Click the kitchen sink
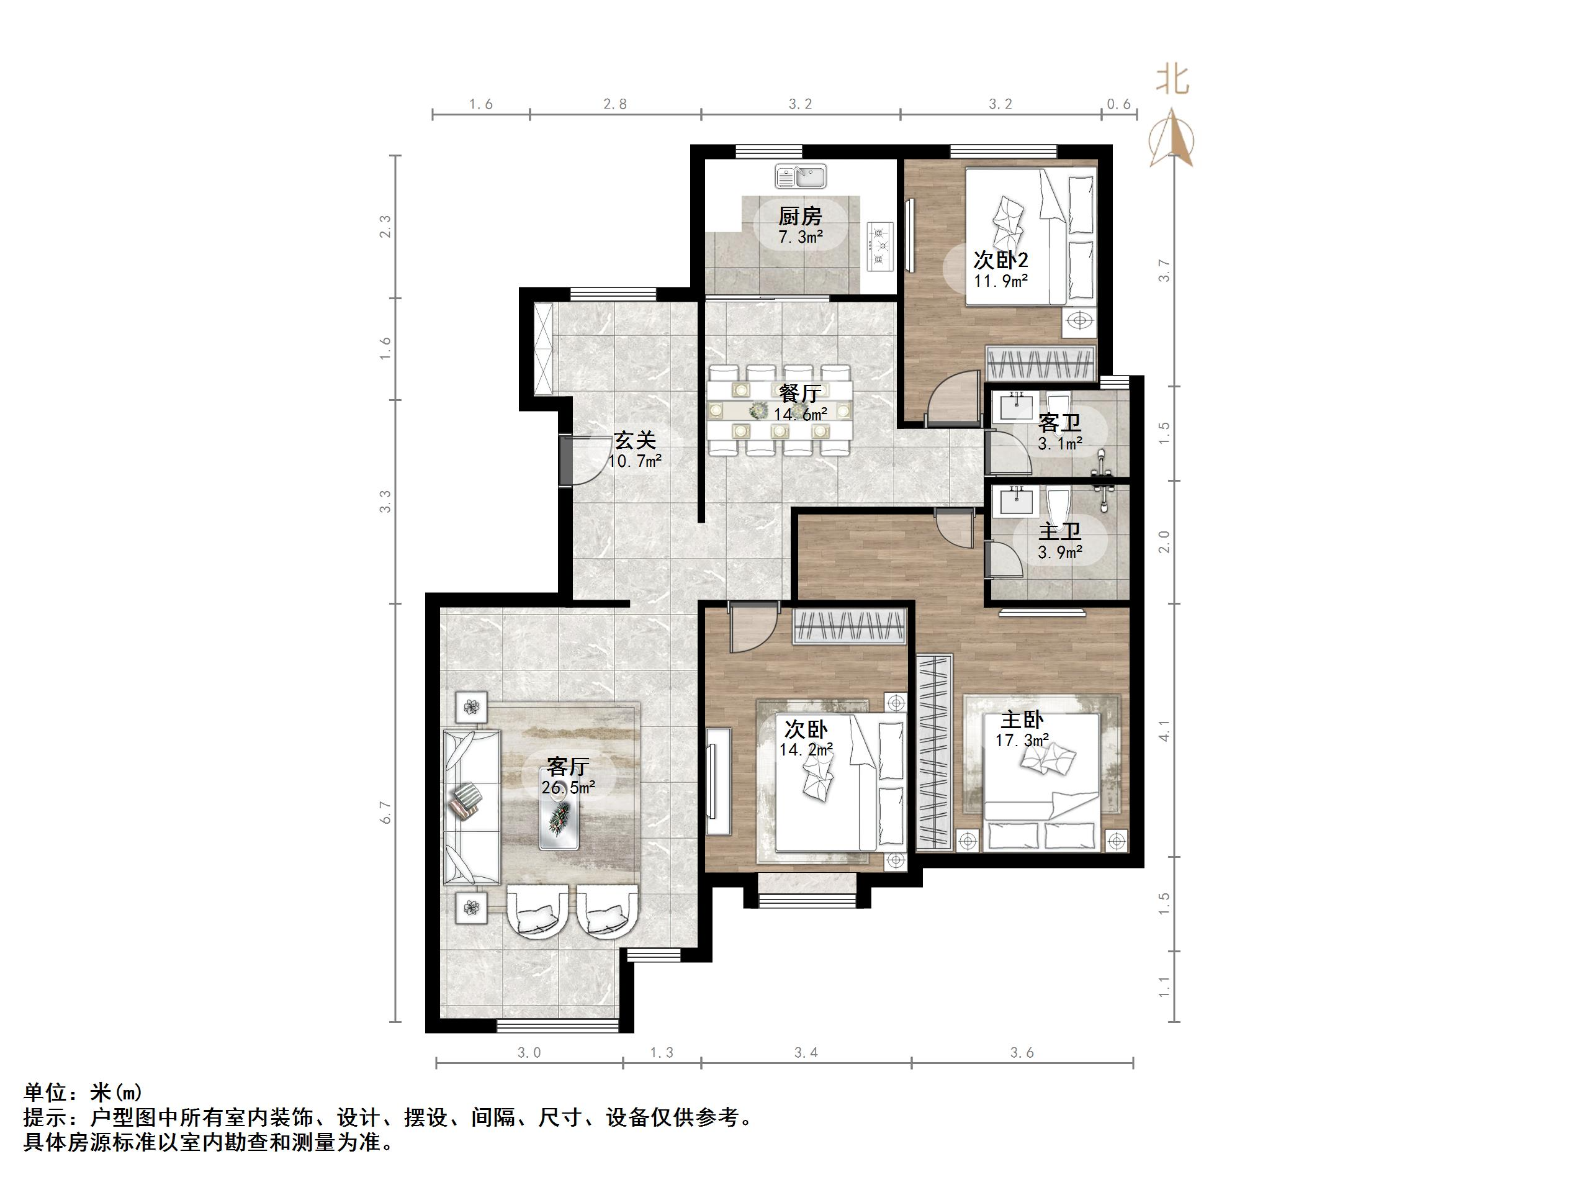tap(801, 175)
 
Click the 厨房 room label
tap(800, 215)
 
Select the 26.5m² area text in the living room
tap(567, 788)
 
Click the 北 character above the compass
tap(1173, 79)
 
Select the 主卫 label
tap(1059, 532)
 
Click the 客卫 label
tap(1059, 423)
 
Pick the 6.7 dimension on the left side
tap(385, 813)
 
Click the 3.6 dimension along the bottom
tap(1022, 1053)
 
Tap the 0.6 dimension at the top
tap(1118, 104)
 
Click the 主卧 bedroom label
tap(1022, 720)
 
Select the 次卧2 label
tap(1000, 259)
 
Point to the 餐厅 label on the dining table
tap(800, 392)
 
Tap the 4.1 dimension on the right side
tap(1164, 731)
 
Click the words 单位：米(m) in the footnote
tap(83, 1092)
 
